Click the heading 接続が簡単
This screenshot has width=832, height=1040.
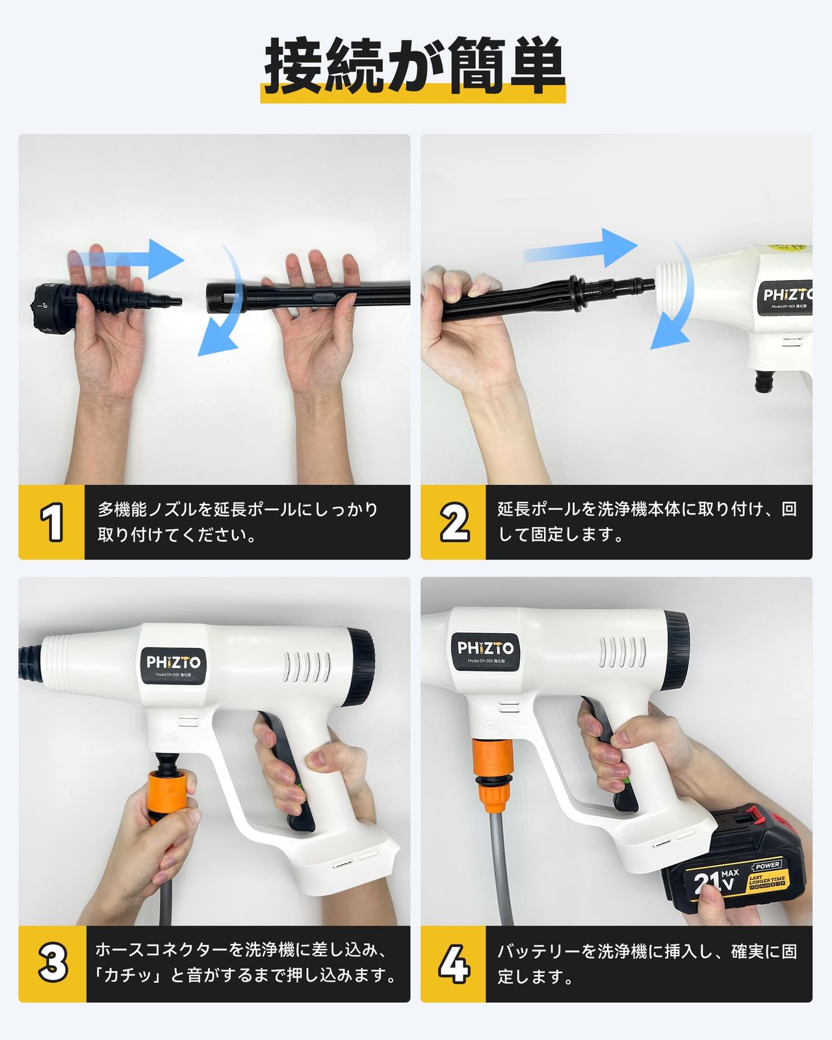[414, 67]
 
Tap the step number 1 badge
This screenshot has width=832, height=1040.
[51, 522]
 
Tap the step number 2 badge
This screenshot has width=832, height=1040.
[454, 522]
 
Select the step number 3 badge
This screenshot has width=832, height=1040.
[53, 964]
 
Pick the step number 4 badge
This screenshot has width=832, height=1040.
[454, 964]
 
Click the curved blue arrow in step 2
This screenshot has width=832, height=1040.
[676, 305]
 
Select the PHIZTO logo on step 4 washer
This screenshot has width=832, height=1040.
[485, 649]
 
